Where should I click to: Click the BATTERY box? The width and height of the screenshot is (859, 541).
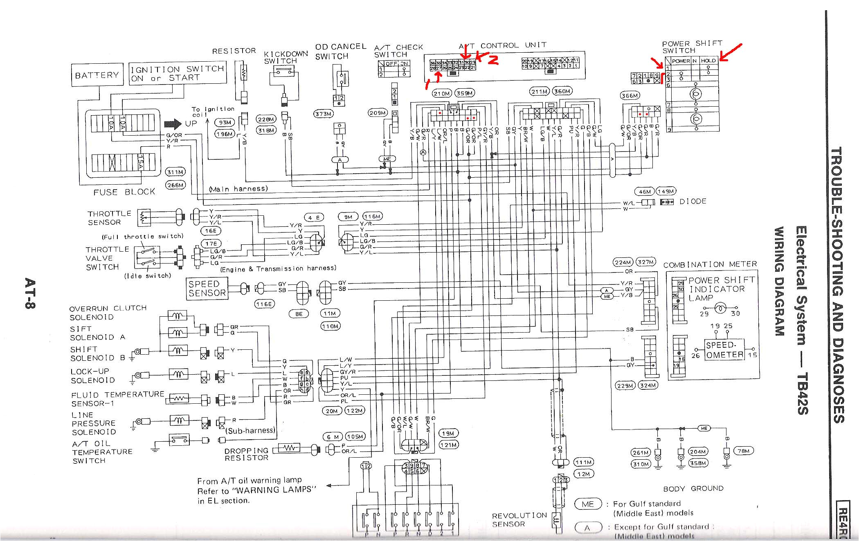click(x=97, y=75)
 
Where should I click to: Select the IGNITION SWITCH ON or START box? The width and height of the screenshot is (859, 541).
click(x=178, y=73)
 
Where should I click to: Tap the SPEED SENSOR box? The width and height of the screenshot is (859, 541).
click(x=207, y=288)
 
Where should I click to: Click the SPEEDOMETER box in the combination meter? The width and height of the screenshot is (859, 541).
click(x=724, y=350)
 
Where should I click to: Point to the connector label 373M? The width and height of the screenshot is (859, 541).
click(x=323, y=114)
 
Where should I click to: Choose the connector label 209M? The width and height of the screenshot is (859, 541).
click(x=377, y=112)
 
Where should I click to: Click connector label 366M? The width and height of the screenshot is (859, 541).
click(x=630, y=96)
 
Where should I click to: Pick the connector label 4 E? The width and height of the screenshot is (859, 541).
click(x=314, y=218)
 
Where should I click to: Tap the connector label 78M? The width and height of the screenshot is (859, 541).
click(x=744, y=451)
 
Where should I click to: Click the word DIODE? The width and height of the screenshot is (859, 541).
click(x=693, y=201)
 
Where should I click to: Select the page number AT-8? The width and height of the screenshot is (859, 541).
click(x=30, y=293)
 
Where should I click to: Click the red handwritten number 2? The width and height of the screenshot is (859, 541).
click(x=493, y=60)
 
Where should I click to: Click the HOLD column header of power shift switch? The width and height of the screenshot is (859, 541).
click(x=708, y=60)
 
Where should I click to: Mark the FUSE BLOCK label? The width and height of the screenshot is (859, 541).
click(x=124, y=192)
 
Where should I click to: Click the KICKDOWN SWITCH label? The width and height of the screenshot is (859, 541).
click(x=285, y=57)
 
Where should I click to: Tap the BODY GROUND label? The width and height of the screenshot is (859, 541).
click(x=693, y=488)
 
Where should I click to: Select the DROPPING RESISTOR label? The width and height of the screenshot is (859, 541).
click(x=246, y=454)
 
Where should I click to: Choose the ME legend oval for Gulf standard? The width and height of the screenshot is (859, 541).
click(x=588, y=504)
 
